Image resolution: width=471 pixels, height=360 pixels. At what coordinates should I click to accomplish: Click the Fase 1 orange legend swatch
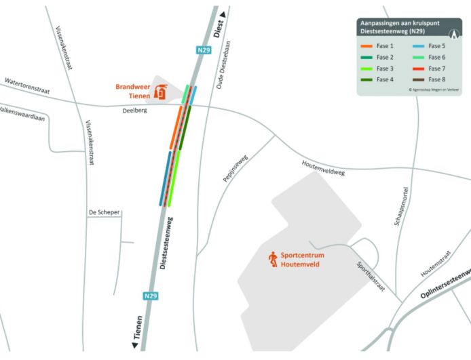pos(366,46)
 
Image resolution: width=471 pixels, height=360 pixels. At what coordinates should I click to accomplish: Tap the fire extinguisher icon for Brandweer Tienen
pos(161,92)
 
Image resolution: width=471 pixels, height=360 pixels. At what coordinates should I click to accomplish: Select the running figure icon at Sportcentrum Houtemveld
pos(272,259)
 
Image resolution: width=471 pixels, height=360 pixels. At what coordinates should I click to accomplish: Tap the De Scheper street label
pos(104,212)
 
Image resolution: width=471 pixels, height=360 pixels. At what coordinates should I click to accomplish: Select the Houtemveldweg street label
pos(323,168)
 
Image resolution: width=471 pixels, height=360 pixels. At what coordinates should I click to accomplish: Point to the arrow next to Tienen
pos(134,346)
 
